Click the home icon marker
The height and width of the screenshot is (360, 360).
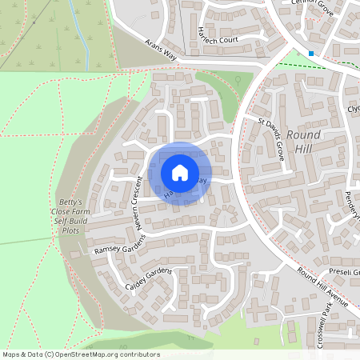click(180, 172)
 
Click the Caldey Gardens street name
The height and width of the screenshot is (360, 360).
click(150, 278)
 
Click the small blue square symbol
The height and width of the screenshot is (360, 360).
click(311, 54)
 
